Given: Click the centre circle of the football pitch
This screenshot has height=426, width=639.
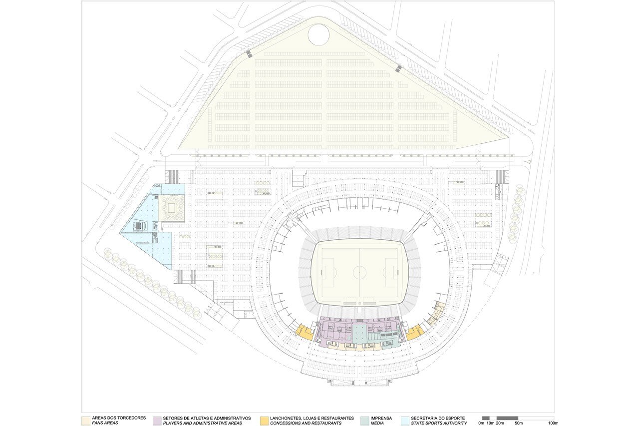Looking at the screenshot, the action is [359, 272].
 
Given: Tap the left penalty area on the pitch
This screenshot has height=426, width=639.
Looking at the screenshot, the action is [328, 273].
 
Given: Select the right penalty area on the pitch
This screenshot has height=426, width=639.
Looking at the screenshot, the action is [391, 273].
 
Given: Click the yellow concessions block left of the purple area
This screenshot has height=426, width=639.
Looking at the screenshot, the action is [305, 332].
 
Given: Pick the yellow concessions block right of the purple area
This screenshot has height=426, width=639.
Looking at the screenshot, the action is [415, 332].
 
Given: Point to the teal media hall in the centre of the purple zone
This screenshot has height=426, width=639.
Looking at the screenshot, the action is [359, 333].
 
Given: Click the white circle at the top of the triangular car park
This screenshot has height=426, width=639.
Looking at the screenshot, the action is [319, 34].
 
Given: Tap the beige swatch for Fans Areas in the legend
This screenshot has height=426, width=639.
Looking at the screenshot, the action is [86, 421].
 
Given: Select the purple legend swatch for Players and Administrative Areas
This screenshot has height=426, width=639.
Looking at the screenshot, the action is [157, 421].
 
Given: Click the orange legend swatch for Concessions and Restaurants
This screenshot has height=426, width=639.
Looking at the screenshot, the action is [264, 421].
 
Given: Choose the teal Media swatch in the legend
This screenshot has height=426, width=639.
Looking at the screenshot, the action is [364, 421].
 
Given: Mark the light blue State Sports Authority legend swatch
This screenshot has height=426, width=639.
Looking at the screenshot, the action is [405, 421].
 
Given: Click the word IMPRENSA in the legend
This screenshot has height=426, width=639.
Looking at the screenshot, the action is [381, 418].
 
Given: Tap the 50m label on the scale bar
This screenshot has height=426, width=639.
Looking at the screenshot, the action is [519, 423].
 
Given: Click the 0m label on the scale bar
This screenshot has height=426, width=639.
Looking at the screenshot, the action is [481, 423].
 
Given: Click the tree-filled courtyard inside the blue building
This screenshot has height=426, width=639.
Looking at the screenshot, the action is [171, 208].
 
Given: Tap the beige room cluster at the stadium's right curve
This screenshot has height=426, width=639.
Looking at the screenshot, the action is [436, 315].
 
